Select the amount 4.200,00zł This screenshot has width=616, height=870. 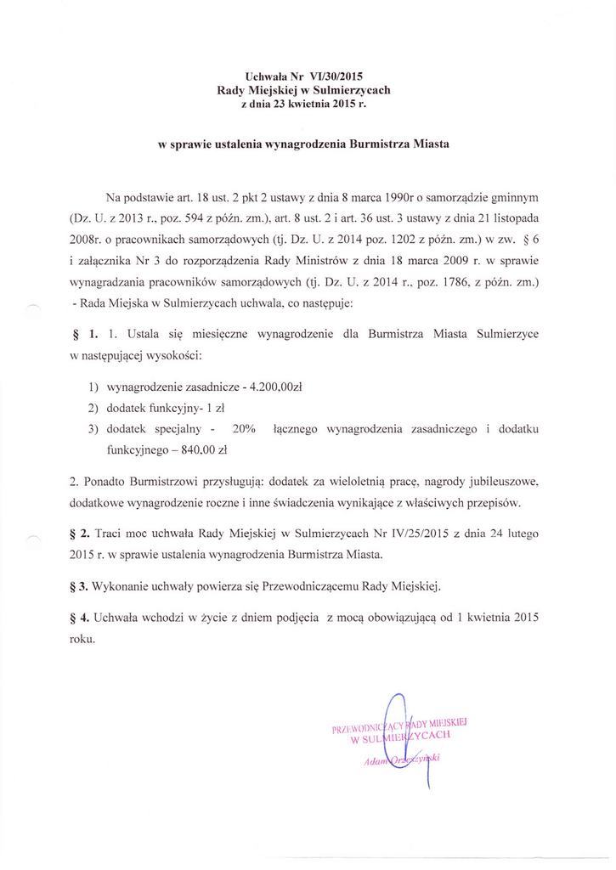pos(275,387)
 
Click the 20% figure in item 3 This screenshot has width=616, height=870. pos(245,429)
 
